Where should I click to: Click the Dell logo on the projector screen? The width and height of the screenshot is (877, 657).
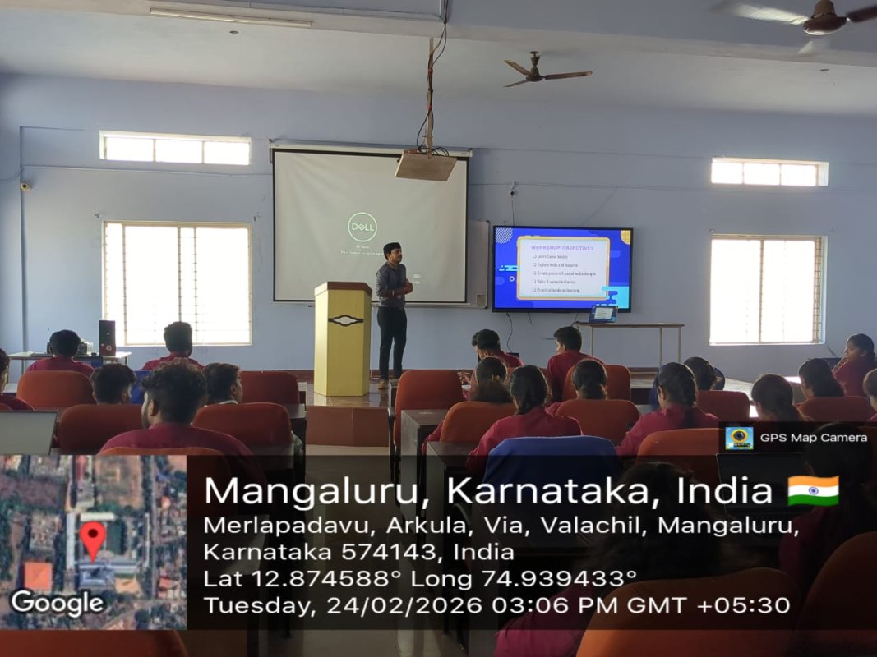click(x=362, y=227)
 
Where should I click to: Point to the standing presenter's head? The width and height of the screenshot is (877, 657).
click(x=392, y=251)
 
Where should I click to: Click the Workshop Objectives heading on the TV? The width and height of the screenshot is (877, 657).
click(x=562, y=246)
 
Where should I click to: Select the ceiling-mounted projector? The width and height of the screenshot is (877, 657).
click(x=425, y=165)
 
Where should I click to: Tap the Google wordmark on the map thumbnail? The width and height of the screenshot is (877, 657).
click(x=58, y=603)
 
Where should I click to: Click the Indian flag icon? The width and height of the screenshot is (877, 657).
click(x=813, y=490)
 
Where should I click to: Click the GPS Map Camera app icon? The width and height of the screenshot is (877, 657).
click(x=739, y=438)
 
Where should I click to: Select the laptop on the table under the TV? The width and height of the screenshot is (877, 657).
click(x=602, y=314)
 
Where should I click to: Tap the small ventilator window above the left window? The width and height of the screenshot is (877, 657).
click(x=175, y=149)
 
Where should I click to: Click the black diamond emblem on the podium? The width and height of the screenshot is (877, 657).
click(x=345, y=319)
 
